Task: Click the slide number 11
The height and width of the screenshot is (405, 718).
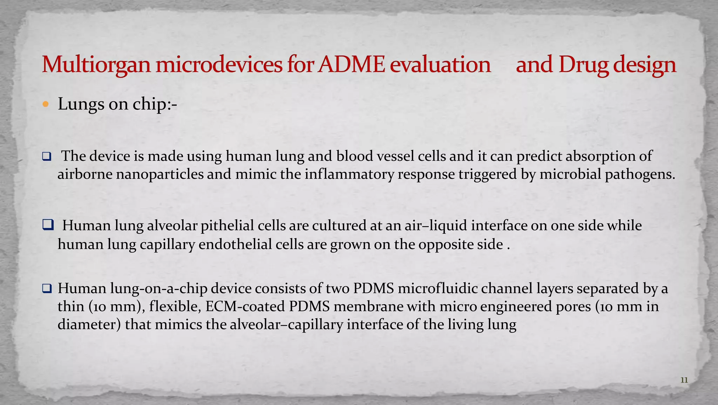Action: [x=684, y=380]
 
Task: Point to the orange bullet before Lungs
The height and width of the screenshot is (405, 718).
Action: [x=45, y=104]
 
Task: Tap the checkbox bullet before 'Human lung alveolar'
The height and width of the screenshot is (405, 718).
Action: [x=48, y=224]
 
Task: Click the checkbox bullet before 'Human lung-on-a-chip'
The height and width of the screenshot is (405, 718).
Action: [x=47, y=289]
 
